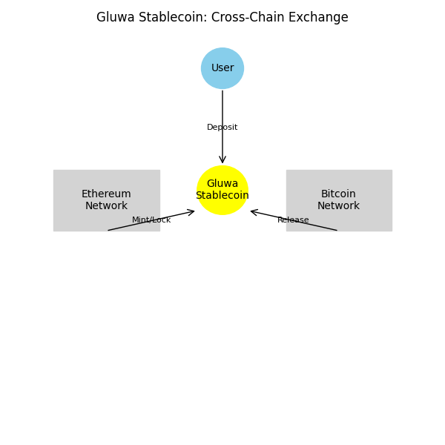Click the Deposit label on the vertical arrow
click(x=222, y=128)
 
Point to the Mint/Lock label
click(x=151, y=220)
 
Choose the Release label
click(x=293, y=220)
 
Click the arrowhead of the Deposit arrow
click(x=222, y=162)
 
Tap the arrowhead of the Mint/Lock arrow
click(x=193, y=211)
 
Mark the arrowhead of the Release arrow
click(x=252, y=211)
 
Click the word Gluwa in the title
click(x=115, y=18)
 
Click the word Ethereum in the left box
click(x=106, y=194)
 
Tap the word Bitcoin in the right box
click(x=339, y=194)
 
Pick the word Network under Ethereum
click(x=106, y=206)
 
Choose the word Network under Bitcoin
click(x=339, y=206)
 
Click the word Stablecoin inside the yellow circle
click(x=222, y=196)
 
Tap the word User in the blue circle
click(x=222, y=68)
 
